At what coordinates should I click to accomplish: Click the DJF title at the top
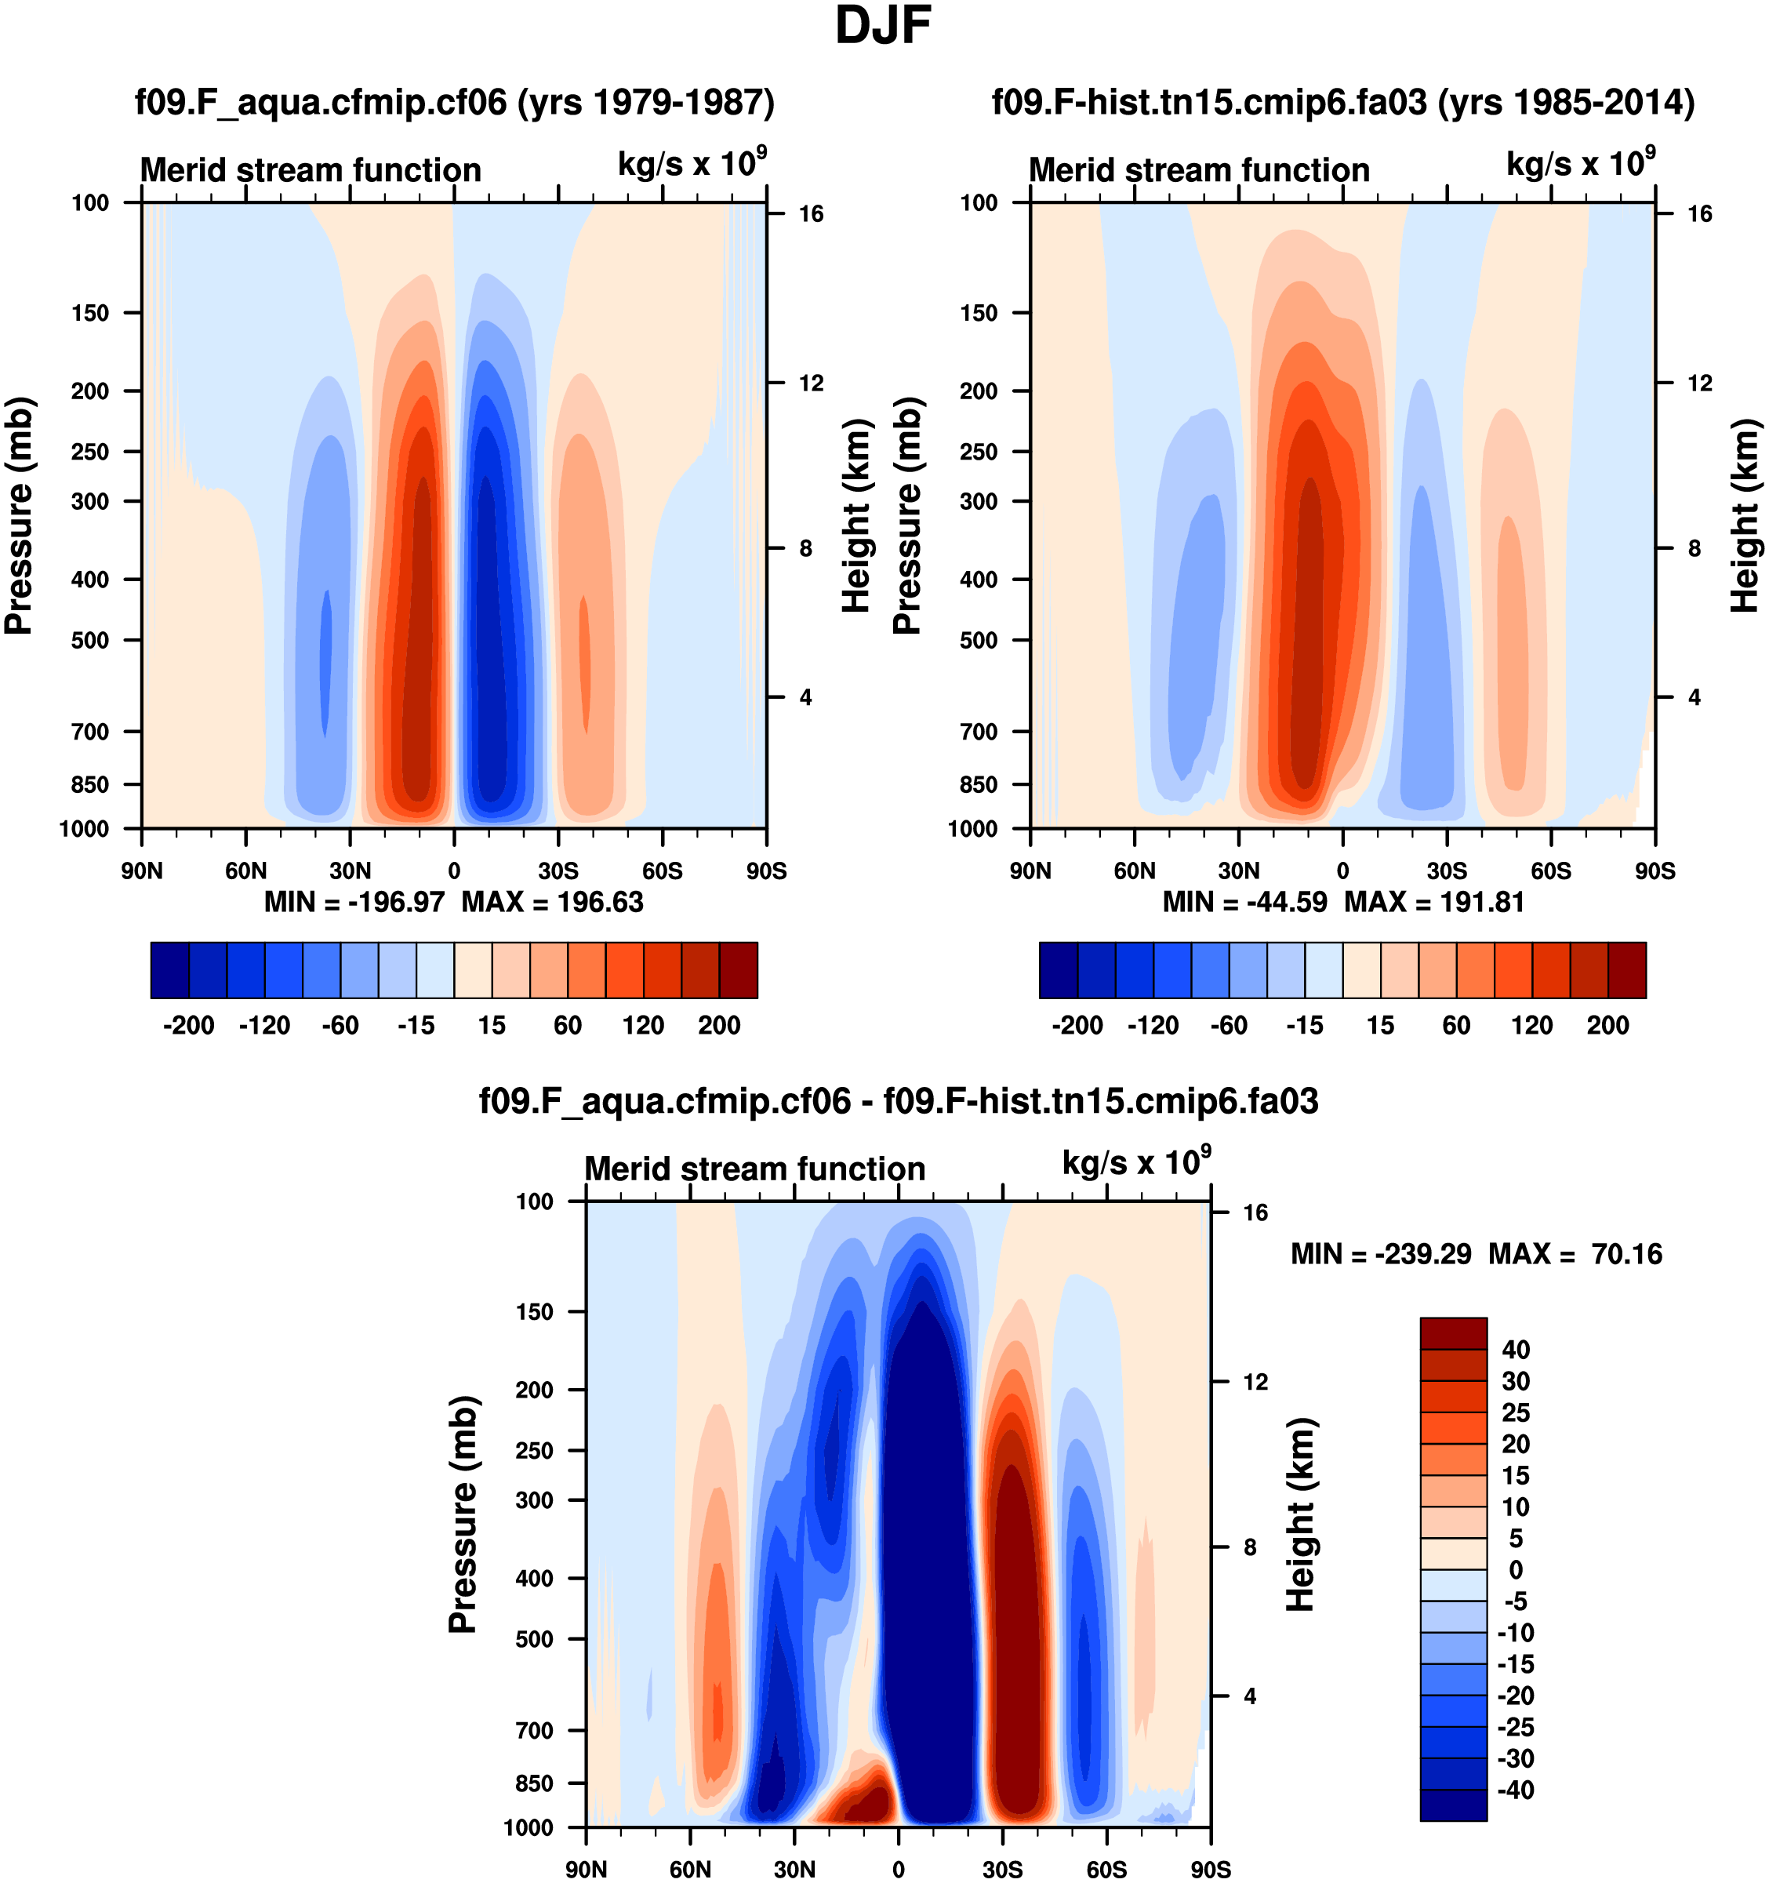pyautogui.click(x=883, y=27)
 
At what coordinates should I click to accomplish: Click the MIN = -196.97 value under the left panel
pyautogui.click(x=354, y=902)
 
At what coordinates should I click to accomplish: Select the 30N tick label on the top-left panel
pyautogui.click(x=350, y=871)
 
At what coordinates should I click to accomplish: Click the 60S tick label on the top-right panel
pyautogui.click(x=1550, y=871)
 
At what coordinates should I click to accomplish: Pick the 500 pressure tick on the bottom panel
pyautogui.click(x=534, y=1640)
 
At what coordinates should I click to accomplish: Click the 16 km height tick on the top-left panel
pyautogui.click(x=811, y=214)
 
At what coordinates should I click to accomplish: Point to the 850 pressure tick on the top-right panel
pyautogui.click(x=979, y=784)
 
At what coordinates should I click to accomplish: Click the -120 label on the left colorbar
pyautogui.click(x=264, y=1026)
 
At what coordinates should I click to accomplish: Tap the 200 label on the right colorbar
pyautogui.click(x=1607, y=1026)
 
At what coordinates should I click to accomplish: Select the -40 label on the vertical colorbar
pyautogui.click(x=1515, y=1790)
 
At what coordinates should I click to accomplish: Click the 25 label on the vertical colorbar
pyautogui.click(x=1515, y=1413)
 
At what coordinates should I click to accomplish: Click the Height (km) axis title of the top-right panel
pyautogui.click(x=1745, y=515)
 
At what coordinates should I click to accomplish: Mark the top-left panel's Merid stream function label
pyautogui.click(x=311, y=170)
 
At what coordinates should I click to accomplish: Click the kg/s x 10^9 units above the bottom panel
pyautogui.click(x=1135, y=1162)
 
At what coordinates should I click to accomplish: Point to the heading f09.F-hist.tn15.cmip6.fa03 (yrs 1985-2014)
pyautogui.click(x=1343, y=101)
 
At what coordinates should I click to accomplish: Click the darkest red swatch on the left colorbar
pyautogui.click(x=738, y=970)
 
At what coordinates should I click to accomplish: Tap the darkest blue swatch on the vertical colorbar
pyautogui.click(x=1453, y=1805)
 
